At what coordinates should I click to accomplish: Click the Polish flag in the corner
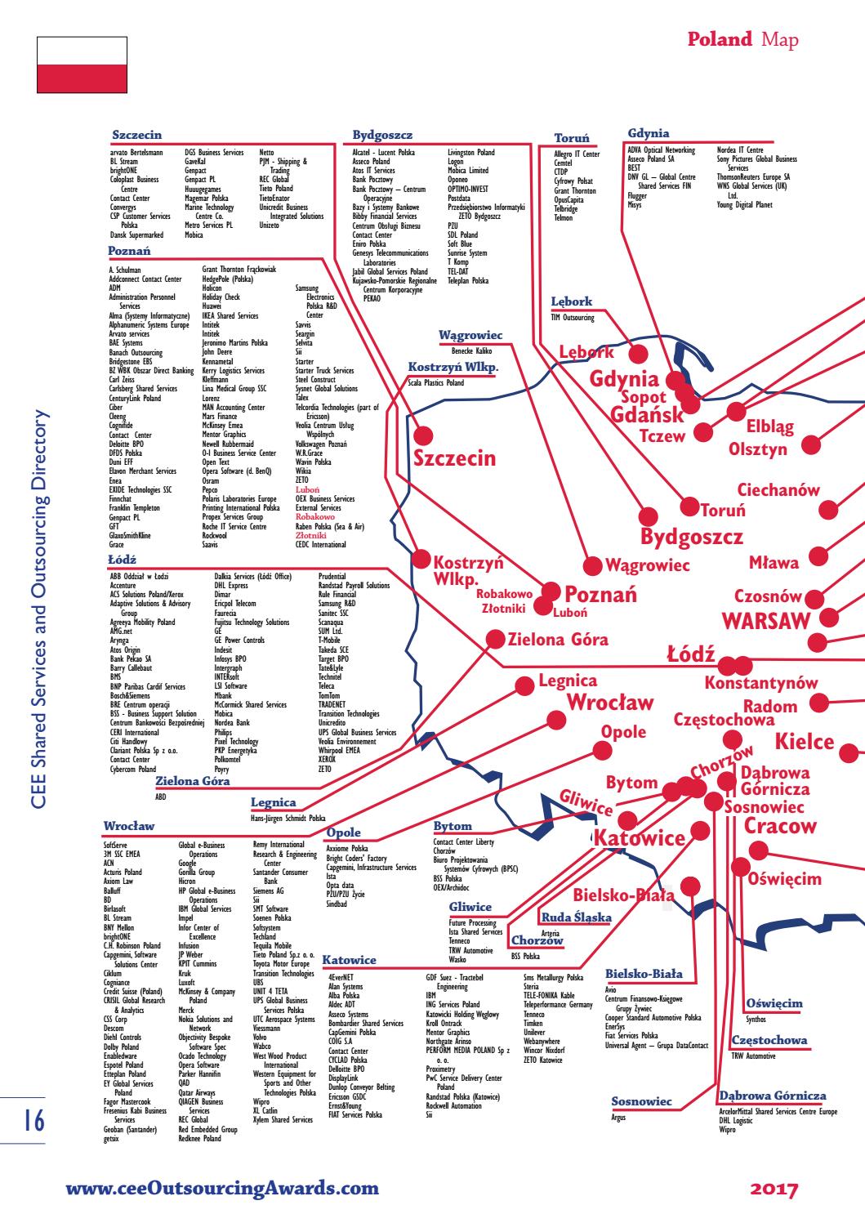82,65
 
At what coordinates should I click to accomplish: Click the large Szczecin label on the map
455,458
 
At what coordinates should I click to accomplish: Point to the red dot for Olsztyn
811,445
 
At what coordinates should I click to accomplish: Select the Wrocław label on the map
610,703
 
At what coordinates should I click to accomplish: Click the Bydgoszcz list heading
382,135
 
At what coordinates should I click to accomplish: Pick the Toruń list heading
571,139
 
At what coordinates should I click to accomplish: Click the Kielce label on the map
805,743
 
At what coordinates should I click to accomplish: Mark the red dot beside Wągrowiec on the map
592,565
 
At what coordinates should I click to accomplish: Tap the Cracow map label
780,826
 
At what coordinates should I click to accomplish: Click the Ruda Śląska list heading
577,917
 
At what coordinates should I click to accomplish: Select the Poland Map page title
742,39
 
